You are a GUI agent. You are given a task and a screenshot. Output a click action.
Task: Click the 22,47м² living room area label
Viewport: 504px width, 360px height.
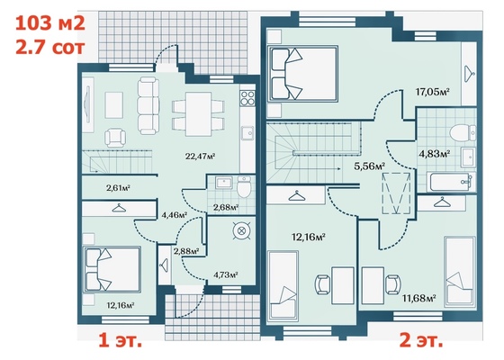pyautogui.click(x=200, y=157)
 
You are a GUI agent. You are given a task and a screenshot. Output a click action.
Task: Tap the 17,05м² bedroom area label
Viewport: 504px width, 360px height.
pyautogui.click(x=432, y=92)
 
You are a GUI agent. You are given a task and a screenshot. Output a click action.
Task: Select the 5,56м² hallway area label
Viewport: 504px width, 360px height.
pyautogui.click(x=369, y=166)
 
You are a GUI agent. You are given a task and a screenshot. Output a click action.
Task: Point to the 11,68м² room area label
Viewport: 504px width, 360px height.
pyautogui.click(x=419, y=298)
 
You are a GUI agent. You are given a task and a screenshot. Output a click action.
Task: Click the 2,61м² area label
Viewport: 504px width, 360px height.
pyautogui.click(x=118, y=188)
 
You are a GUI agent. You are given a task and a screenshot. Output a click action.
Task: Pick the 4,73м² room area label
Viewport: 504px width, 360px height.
pyautogui.click(x=226, y=274)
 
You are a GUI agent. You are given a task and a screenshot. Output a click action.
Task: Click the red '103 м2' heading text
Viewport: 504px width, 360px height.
pyautogui.click(x=50, y=23)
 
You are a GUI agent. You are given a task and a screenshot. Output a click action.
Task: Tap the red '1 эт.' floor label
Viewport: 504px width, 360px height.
pyautogui.click(x=120, y=340)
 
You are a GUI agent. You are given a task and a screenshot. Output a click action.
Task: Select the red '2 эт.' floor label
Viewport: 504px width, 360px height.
pyautogui.click(x=421, y=340)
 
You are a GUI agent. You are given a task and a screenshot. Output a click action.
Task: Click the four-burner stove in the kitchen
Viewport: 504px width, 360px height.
pyautogui.click(x=247, y=98)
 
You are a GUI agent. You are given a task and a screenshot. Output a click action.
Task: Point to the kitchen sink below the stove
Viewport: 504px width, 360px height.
pyautogui.click(x=247, y=133)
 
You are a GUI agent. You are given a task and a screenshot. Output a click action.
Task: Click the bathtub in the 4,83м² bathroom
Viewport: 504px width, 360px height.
pyautogui.click(x=451, y=182)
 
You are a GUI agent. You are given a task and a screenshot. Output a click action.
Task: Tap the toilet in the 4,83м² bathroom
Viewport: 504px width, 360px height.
pyautogui.click(x=462, y=133)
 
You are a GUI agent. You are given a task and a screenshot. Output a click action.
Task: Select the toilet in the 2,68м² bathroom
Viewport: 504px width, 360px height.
pyautogui.click(x=244, y=187)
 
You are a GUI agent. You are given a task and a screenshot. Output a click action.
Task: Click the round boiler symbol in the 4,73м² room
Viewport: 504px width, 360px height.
pyautogui.click(x=241, y=230)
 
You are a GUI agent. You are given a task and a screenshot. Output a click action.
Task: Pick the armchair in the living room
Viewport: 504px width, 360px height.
pyautogui.click(x=115, y=138)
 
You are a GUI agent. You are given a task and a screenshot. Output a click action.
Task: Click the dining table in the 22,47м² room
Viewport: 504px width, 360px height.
pyautogui.click(x=198, y=114)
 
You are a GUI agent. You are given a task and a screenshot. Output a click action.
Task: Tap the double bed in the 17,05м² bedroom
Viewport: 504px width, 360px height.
pyautogui.click(x=302, y=74)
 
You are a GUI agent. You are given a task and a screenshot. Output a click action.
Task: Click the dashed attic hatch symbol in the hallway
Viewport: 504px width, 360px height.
pyautogui.click(x=396, y=193)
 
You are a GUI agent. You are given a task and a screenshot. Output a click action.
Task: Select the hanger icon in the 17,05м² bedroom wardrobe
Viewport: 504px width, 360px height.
pyautogui.click(x=469, y=74)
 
